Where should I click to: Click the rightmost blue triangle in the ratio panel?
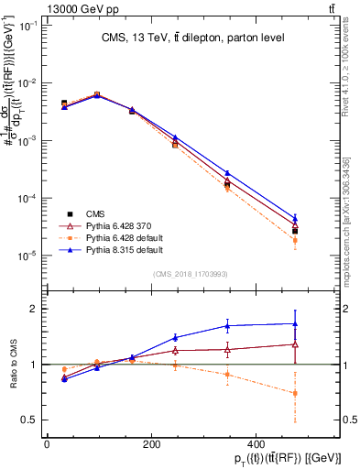295,323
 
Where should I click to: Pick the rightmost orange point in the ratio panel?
295,393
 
